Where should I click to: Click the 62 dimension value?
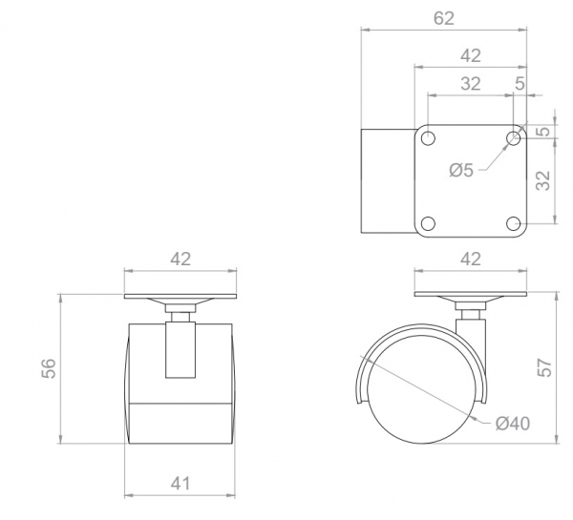coord(444,18)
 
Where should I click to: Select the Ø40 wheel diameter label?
coord(512,424)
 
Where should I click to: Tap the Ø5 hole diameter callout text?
coord(461,170)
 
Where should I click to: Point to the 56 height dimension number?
coord(49,368)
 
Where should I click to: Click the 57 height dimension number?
coord(545,367)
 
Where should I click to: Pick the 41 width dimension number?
coord(180,484)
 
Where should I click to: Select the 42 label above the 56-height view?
coord(180,259)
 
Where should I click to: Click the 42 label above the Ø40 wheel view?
coord(471,259)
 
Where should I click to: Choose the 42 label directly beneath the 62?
coord(471,56)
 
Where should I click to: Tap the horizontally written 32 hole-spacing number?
coord(470,84)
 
